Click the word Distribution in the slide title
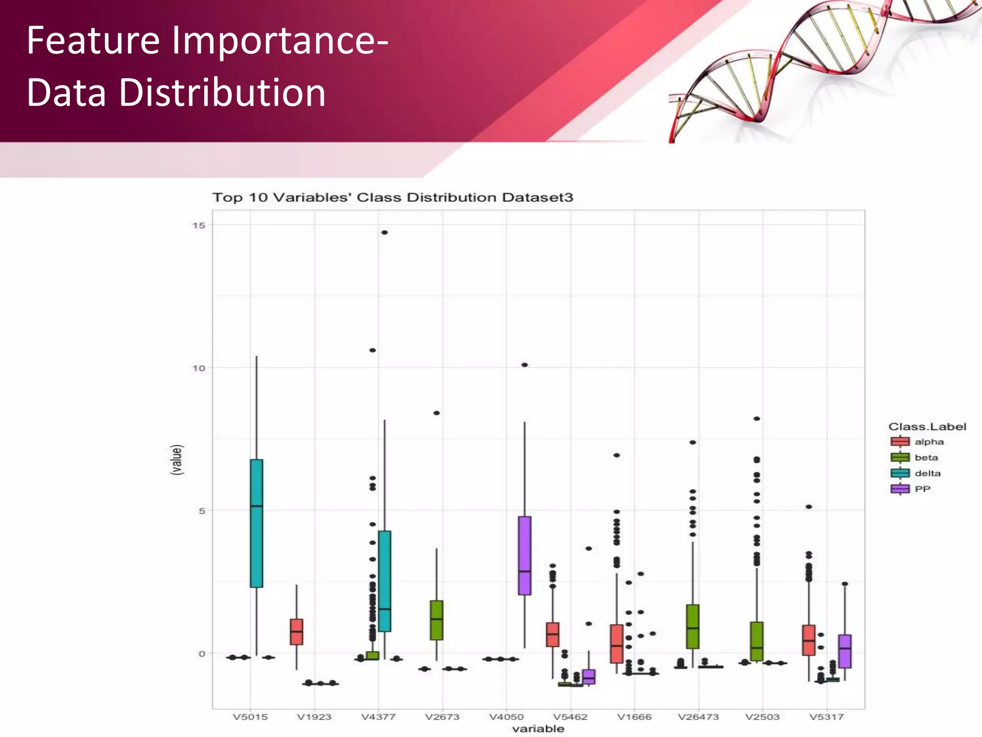click(x=222, y=93)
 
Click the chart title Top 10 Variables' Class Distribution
click(x=392, y=198)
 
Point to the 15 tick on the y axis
click(x=199, y=226)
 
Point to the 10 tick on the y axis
click(x=199, y=368)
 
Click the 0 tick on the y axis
click(x=201, y=654)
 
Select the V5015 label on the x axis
click(x=250, y=717)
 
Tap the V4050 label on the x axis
click(x=506, y=717)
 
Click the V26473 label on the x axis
click(x=698, y=717)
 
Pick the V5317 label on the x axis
click(x=826, y=717)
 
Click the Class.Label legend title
click(x=927, y=427)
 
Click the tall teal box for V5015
click(x=257, y=523)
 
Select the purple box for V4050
click(x=525, y=555)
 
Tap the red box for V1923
click(x=297, y=632)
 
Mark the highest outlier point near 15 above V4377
click(x=385, y=233)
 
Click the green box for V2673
click(x=436, y=620)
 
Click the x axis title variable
click(x=538, y=729)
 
